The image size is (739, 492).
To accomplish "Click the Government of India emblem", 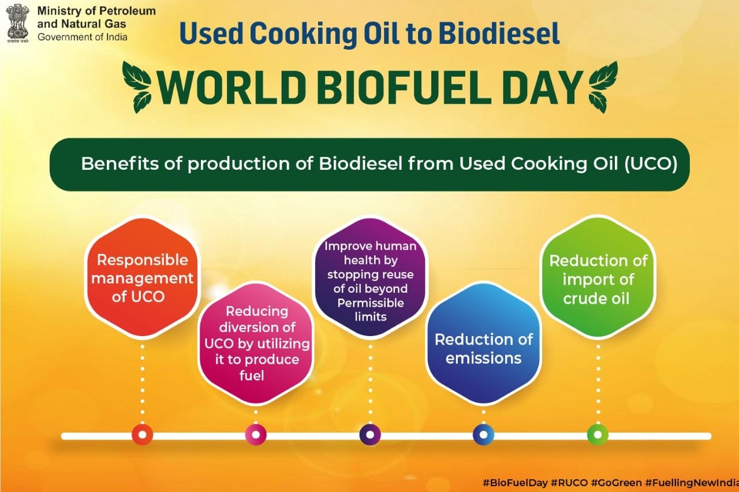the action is point(18,24).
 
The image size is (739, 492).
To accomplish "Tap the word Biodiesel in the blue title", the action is point(499,33).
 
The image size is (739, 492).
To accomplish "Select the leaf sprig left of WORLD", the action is point(137,87).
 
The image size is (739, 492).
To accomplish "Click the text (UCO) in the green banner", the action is point(651,163).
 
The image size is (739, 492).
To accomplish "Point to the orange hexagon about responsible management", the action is point(143,278).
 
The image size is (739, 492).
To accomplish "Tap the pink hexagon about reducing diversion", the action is point(256,343).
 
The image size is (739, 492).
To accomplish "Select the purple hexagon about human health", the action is point(370,277).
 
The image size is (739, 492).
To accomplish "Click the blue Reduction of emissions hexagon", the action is point(484,343).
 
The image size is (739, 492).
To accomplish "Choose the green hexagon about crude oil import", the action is point(598,277).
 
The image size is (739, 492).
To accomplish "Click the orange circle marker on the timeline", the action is point(142,435).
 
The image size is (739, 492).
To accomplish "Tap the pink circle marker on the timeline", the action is point(256,435).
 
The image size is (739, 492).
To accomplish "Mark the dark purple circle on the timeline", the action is point(370,435).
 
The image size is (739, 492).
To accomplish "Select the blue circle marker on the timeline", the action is point(483,435).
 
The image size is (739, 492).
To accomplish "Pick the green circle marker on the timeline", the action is point(598,435).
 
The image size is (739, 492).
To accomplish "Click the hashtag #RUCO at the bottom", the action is point(569,483).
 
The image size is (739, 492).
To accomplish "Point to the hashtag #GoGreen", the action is point(616,483).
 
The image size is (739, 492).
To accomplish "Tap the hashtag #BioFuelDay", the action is point(516,483).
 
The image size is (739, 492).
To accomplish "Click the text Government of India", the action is point(82,37).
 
